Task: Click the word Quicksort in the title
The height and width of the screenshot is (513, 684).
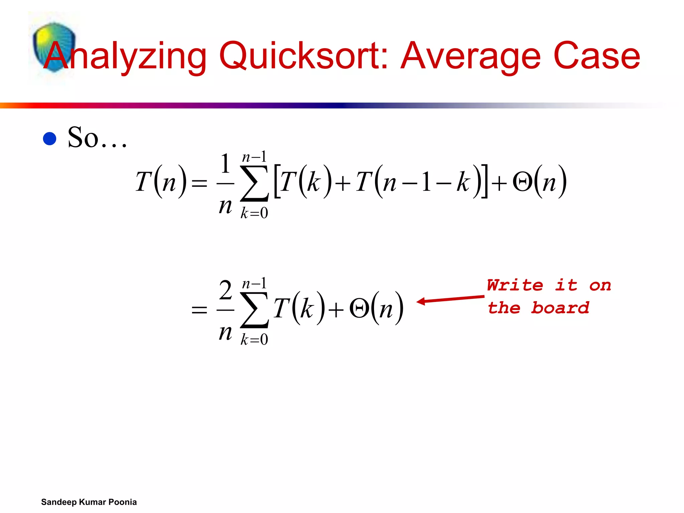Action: click(303, 56)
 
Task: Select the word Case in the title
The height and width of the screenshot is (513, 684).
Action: click(596, 55)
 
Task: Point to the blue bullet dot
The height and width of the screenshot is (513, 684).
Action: click(50, 139)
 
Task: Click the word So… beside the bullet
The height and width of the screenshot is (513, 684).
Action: click(97, 138)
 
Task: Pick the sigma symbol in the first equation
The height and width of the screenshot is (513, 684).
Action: click(254, 183)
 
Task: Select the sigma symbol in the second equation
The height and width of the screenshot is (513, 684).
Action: click(254, 310)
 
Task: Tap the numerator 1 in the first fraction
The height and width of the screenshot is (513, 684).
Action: click(225, 164)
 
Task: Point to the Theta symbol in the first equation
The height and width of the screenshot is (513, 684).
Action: click(522, 183)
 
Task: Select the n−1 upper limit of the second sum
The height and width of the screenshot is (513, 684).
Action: click(254, 284)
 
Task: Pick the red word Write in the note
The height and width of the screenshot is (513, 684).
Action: click(515, 286)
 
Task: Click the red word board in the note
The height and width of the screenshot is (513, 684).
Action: click(560, 308)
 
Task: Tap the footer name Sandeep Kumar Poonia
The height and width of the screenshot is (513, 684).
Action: click(89, 502)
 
